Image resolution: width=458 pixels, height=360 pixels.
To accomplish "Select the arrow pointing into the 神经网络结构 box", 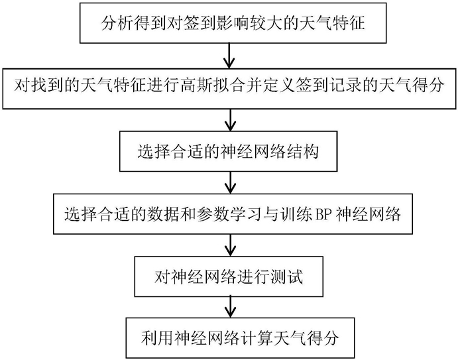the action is pyautogui.click(x=231, y=120).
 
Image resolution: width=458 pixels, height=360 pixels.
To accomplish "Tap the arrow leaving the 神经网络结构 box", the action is pyautogui.click(x=231, y=182).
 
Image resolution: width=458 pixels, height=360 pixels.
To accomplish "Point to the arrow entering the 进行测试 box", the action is pyautogui.click(x=231, y=245).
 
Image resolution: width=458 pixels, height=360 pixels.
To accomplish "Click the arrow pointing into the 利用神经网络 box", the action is pyautogui.click(x=231, y=307).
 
